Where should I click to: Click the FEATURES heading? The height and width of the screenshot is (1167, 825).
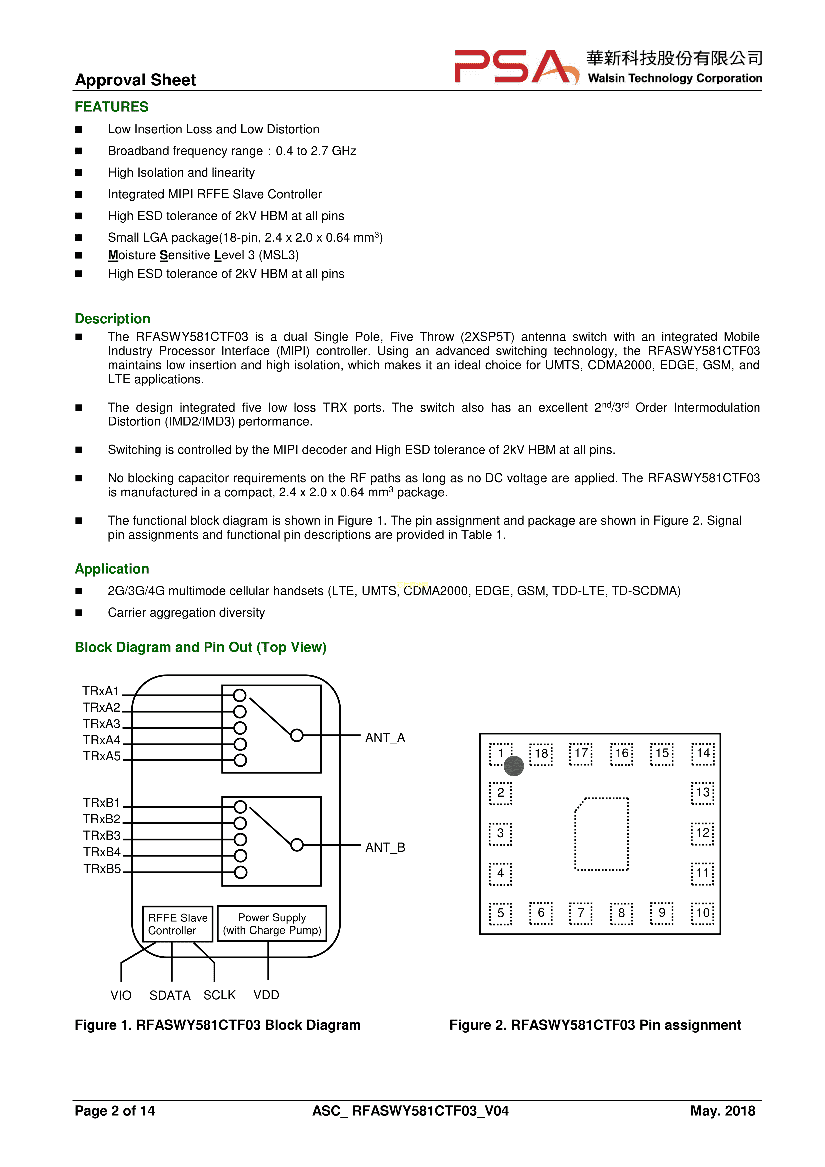(x=112, y=107)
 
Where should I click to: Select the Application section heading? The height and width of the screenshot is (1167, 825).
(x=112, y=569)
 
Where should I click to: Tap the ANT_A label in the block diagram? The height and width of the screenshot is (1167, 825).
(x=385, y=738)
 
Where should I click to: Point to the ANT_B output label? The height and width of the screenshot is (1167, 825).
(x=385, y=847)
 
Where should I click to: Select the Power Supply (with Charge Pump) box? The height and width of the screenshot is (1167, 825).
(x=272, y=923)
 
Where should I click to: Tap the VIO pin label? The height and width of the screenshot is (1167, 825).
(x=121, y=995)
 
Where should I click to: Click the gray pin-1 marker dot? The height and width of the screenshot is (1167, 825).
(x=514, y=766)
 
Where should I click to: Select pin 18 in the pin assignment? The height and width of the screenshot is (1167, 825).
(x=541, y=754)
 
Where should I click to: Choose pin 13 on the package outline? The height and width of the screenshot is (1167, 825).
(x=703, y=792)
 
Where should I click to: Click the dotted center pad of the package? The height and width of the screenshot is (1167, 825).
(x=602, y=834)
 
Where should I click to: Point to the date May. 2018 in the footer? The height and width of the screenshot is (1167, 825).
(x=722, y=1111)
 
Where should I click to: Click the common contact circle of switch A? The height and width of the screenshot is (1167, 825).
(x=297, y=736)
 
